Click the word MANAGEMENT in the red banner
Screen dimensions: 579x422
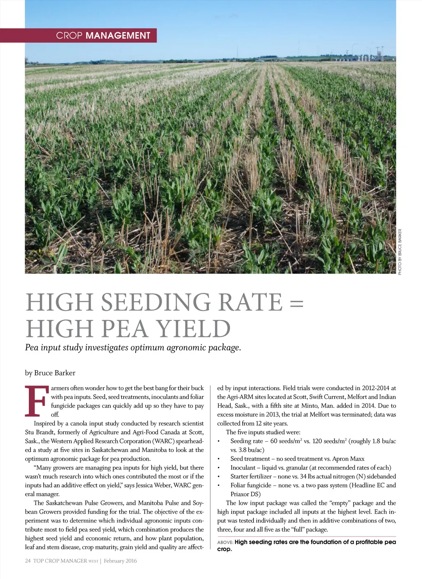(x=118, y=35)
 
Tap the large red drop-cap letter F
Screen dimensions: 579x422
(x=35, y=401)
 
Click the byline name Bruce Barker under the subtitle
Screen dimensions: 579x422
(x=55, y=373)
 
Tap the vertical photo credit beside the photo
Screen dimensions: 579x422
(x=400, y=252)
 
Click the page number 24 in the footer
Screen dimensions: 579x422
(x=28, y=561)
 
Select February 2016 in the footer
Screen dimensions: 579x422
(x=120, y=561)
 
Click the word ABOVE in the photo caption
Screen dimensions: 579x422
(x=225, y=542)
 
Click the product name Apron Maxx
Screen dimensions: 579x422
(x=348, y=459)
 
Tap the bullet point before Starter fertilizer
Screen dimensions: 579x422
(x=219, y=477)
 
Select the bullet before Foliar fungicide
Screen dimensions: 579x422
(x=219, y=485)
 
